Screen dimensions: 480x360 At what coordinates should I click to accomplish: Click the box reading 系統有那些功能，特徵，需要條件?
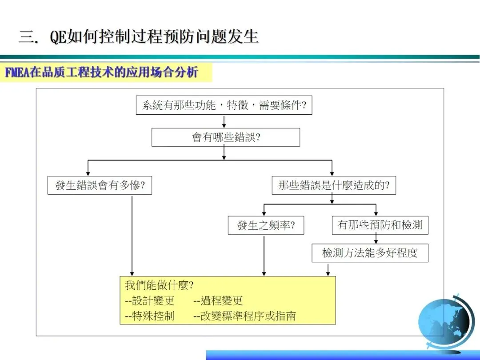click(x=224, y=105)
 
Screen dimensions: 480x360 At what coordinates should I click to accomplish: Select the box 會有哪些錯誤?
click(x=226, y=137)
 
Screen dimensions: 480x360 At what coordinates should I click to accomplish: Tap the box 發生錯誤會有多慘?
click(x=100, y=185)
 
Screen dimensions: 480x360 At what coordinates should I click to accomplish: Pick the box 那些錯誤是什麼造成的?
click(x=334, y=185)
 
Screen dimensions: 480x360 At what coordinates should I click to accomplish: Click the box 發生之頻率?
click(x=265, y=226)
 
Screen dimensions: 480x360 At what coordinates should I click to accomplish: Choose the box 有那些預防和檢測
click(x=380, y=225)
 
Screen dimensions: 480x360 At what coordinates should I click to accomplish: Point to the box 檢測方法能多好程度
click(x=370, y=253)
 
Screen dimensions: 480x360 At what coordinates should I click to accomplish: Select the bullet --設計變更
click(x=150, y=301)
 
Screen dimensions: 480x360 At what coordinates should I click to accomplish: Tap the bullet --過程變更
click(x=218, y=301)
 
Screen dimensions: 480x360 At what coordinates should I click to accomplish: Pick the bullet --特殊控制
click(x=150, y=316)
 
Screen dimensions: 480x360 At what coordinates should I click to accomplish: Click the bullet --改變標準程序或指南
click(x=245, y=316)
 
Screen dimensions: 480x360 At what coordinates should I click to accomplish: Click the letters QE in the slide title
click(x=58, y=37)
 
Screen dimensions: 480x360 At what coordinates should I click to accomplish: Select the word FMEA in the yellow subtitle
click(x=17, y=72)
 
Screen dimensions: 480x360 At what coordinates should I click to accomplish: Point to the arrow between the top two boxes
click(x=224, y=121)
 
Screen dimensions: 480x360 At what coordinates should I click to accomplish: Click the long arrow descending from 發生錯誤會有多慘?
click(x=132, y=236)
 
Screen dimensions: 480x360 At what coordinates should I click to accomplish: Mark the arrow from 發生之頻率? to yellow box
click(x=264, y=256)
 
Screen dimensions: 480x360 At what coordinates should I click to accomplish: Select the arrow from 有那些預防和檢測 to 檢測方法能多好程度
click(x=376, y=239)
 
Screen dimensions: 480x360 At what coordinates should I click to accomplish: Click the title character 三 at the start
click(x=26, y=36)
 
